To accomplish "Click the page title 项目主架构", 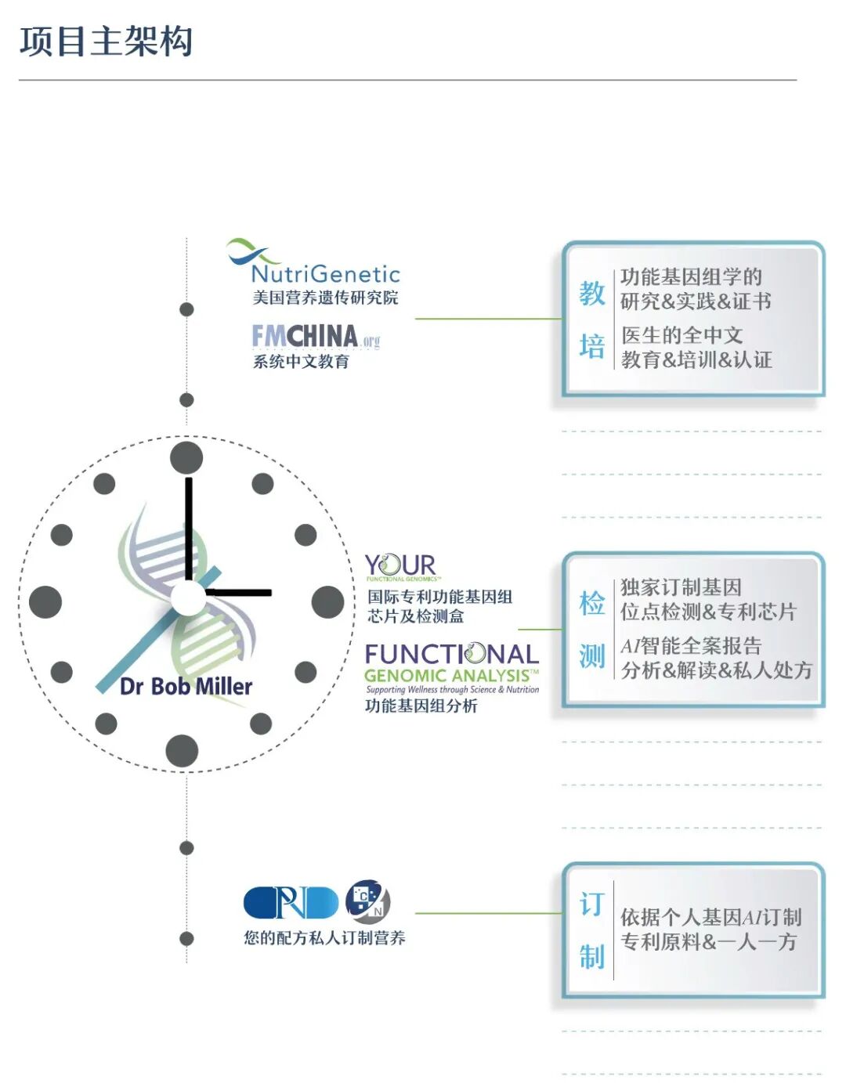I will [106, 42].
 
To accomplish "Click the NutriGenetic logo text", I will [325, 274].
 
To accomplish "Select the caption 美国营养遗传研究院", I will [325, 298].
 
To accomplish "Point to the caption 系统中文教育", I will [301, 362].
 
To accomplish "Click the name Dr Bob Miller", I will [186, 687].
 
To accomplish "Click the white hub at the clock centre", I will [188, 599].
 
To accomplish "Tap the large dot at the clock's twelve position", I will [186, 458].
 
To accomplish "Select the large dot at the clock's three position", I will [327, 602].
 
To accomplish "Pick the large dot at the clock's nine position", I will [45, 602].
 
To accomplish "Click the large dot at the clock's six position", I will [183, 751].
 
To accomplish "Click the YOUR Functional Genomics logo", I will [400, 566].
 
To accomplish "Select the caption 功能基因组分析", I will [421, 706].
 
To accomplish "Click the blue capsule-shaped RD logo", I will [291, 903].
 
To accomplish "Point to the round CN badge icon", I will [367, 900].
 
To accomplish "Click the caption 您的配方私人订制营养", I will [324, 938].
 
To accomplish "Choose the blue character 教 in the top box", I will [592, 294].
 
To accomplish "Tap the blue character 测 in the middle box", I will [592, 656].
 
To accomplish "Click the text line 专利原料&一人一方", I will [708, 942].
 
